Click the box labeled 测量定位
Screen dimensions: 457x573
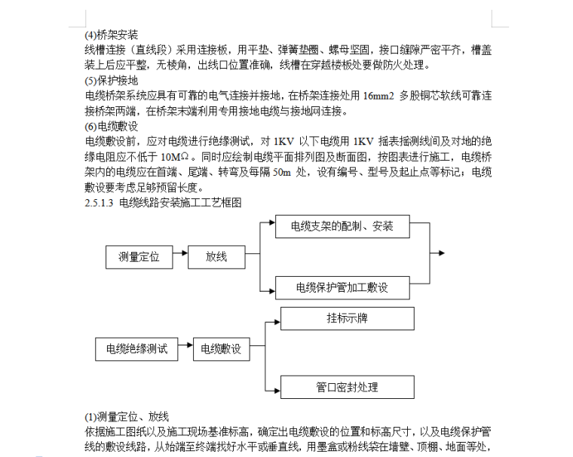click(x=139, y=257)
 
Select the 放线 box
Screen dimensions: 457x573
click(x=216, y=257)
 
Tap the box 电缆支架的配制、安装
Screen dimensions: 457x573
click(x=342, y=225)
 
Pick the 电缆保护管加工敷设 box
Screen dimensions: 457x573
click(x=342, y=288)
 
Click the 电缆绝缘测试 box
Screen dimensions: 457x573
click(x=136, y=349)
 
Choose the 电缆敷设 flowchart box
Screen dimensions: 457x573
click(x=221, y=349)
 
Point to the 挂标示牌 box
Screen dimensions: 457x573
click(x=348, y=318)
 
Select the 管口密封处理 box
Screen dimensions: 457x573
click(x=348, y=388)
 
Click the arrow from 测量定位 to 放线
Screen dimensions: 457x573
click(x=179, y=257)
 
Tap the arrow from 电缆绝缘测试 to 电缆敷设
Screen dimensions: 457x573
click(x=185, y=349)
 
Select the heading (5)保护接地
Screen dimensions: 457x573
click(x=112, y=81)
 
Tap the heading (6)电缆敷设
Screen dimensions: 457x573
click(x=112, y=126)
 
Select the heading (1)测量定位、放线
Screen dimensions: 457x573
click(x=126, y=416)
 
